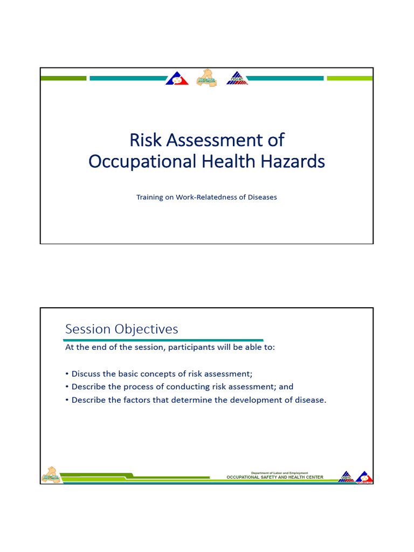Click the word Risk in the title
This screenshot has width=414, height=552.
click(x=145, y=140)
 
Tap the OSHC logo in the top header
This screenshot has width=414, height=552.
click(x=237, y=79)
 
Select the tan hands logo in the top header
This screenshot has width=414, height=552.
click(x=207, y=79)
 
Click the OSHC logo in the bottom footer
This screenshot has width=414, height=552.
click(x=346, y=477)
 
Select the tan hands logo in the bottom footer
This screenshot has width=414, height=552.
click(x=51, y=475)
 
